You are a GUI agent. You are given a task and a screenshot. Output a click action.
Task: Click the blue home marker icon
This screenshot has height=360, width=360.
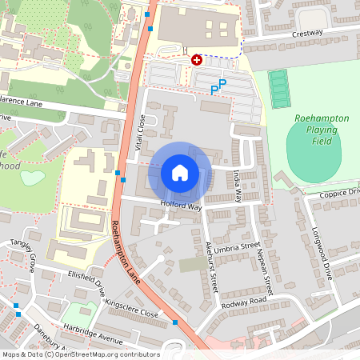pos(180,172)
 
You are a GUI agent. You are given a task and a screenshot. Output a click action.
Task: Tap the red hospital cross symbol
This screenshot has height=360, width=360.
pos(197,60)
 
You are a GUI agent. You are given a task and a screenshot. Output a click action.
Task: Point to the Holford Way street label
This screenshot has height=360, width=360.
pos(181,206)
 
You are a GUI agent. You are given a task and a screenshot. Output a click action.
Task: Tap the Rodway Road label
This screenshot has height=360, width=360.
pos(245,302)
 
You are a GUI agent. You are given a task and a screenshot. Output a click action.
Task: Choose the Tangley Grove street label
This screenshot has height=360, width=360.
pos(22,252)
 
